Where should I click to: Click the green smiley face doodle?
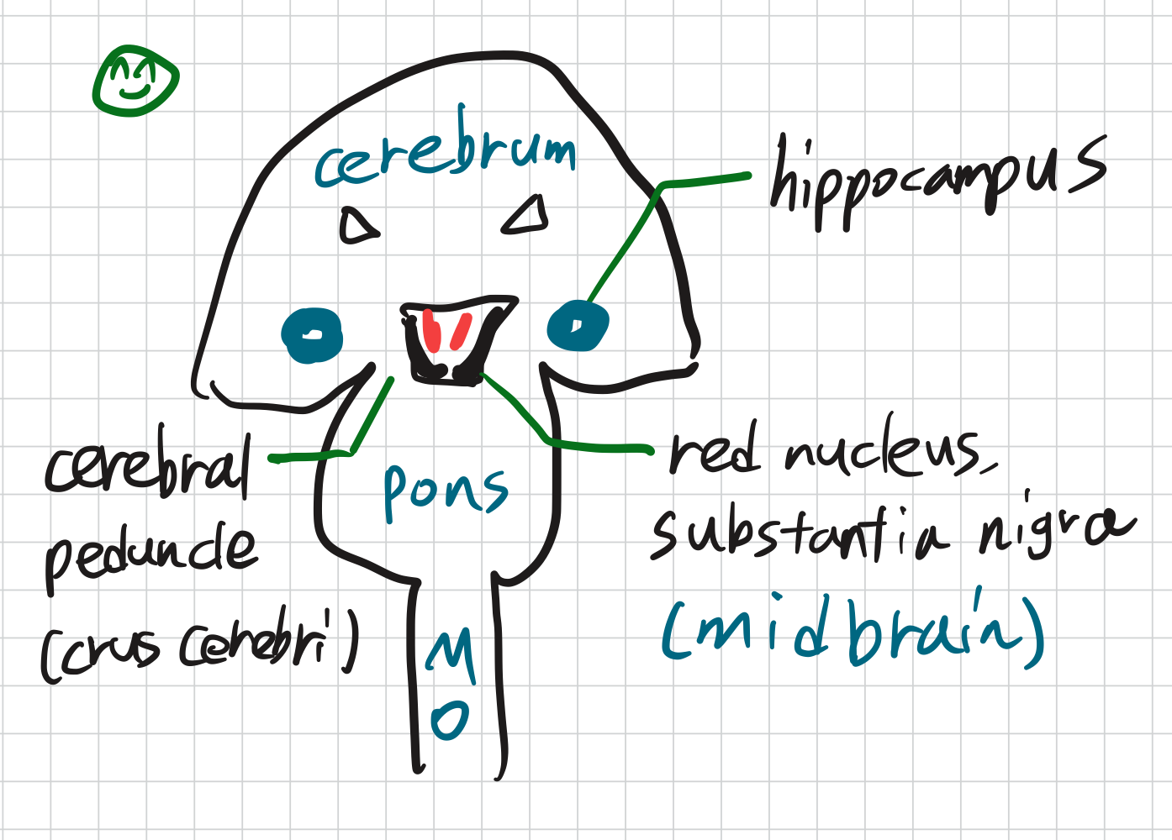tap(135, 81)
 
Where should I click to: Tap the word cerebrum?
tap(446, 155)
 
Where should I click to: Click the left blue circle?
tap(312, 335)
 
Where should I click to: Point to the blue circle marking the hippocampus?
tap(578, 326)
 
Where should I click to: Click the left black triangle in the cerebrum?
tap(358, 226)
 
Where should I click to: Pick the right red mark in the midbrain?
tap(461, 330)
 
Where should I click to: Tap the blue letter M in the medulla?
tap(451, 654)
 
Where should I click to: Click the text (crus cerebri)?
tap(200, 648)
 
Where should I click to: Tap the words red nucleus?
tap(828, 454)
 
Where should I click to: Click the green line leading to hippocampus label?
tap(626, 244)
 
